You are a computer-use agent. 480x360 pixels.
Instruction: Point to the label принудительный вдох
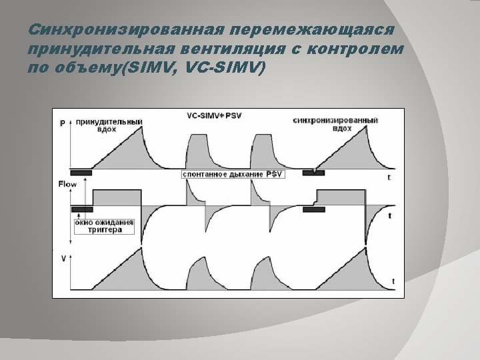pos(109,126)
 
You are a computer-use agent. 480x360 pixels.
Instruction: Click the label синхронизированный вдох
pos(335,125)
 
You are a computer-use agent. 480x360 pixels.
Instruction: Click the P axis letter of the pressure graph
pos(63,123)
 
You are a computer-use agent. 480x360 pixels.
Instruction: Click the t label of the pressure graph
pos(389,178)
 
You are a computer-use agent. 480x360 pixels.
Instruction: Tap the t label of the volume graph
pos(393,281)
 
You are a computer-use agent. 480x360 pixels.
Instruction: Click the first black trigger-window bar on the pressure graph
pos(81,173)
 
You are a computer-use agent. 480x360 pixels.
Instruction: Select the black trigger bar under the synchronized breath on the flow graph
pos(313,209)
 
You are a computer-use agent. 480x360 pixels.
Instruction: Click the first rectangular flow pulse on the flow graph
pos(117,198)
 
